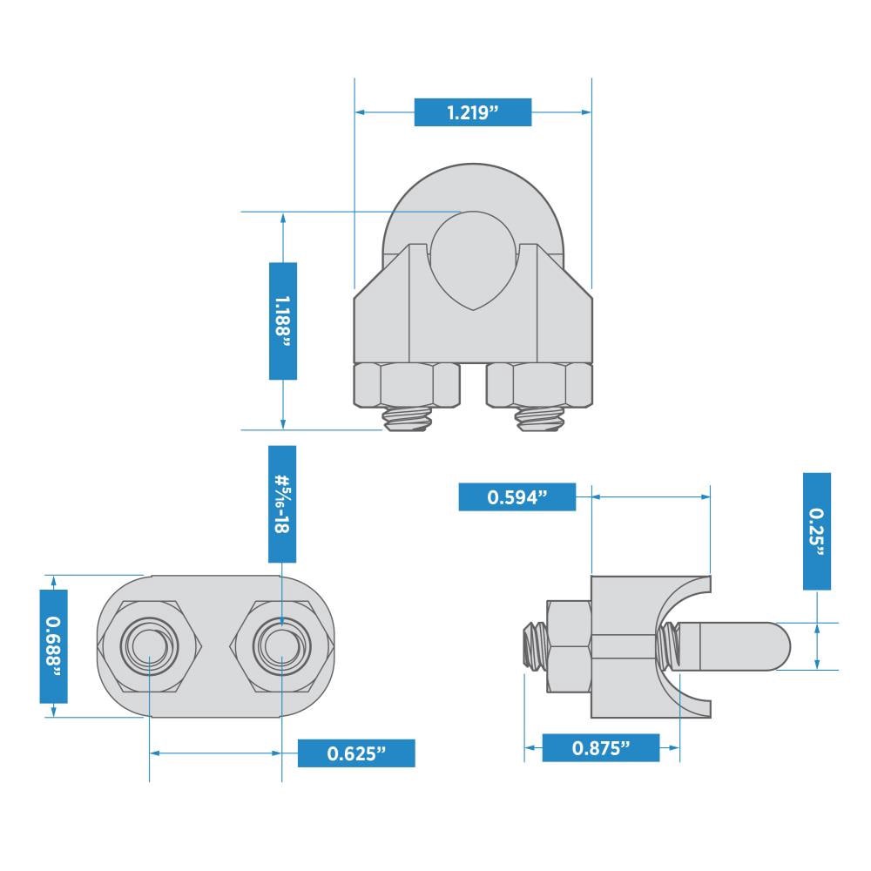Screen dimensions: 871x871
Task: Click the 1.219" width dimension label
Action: [x=472, y=112]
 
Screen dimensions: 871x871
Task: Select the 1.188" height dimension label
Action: [x=283, y=321]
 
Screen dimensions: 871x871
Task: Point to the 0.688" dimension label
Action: [x=53, y=645]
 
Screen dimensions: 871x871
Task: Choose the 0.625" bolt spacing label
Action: [x=356, y=753]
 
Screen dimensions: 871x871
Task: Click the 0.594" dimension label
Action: [x=517, y=496]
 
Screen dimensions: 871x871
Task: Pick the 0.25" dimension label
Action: [x=817, y=531]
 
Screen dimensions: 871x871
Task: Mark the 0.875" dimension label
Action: [x=601, y=747]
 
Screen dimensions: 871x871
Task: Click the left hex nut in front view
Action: [x=407, y=384]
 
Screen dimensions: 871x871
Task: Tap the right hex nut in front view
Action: [x=540, y=384]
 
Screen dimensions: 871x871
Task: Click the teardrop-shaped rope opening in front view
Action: [x=473, y=257]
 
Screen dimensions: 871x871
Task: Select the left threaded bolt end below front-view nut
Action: [x=407, y=419]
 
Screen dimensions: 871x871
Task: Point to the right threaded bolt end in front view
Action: [x=540, y=419]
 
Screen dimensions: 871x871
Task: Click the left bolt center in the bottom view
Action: [x=151, y=646]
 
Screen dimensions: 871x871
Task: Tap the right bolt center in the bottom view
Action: [x=281, y=646]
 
